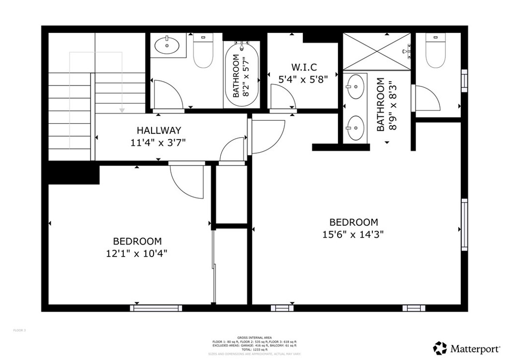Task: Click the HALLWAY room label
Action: click(159, 131)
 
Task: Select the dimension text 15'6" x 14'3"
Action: click(353, 234)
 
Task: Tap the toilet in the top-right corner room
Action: click(435, 51)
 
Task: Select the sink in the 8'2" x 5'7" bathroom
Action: click(168, 46)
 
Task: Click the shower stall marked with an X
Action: click(377, 51)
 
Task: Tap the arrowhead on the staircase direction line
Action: click(121, 109)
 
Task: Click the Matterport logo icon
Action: click(440, 348)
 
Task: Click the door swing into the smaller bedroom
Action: click(186, 179)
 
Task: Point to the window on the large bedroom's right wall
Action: click(464, 224)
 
